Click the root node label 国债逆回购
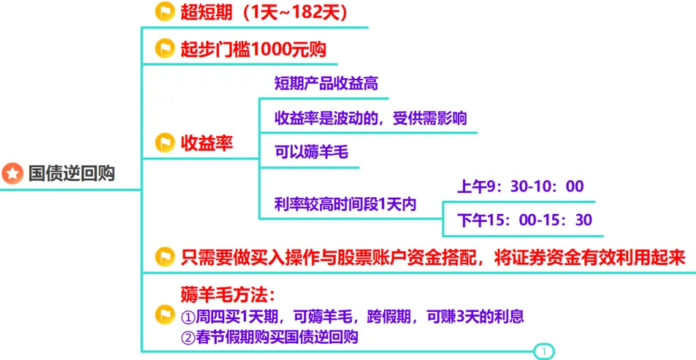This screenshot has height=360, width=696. coord(72,174)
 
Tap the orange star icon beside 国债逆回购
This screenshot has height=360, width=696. coord(12,174)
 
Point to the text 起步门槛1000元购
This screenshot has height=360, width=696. coord(253,50)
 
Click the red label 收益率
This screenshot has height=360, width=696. coord(207,143)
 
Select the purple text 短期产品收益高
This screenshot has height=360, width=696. coord(326,83)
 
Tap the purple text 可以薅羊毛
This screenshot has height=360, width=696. coord(311,153)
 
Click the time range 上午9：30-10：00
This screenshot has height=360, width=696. coord(520,187)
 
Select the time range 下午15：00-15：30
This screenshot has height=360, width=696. coord(524,220)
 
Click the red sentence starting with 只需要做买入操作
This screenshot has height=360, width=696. coord(433,257)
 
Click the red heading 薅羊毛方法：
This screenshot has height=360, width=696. coord(227,296)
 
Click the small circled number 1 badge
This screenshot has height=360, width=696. coord(543,352)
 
